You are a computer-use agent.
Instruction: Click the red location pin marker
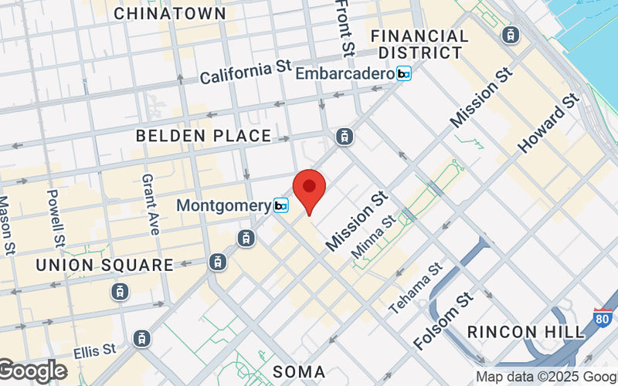point(310,190)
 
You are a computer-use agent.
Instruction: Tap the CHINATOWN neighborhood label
point(170,13)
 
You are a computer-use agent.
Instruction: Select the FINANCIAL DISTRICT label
point(419,44)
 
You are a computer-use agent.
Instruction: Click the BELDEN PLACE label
point(203,136)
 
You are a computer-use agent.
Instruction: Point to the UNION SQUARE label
point(104,265)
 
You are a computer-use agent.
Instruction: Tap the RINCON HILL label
point(527,332)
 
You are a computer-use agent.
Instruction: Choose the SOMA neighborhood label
point(299,371)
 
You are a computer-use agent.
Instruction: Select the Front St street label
point(345,28)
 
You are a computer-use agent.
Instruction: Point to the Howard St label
point(548,123)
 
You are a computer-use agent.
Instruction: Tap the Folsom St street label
point(443,320)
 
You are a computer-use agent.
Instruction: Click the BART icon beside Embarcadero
point(405,74)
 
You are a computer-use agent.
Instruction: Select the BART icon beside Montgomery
point(281,205)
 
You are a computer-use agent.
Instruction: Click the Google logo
point(32,371)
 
